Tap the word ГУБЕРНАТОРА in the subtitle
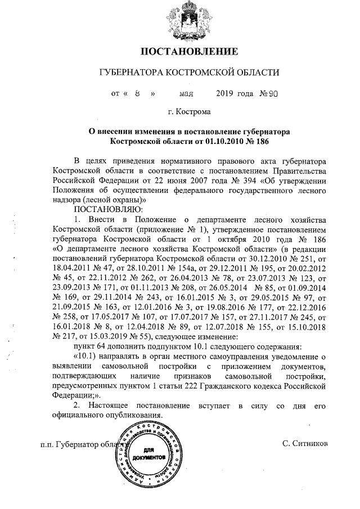[x=129, y=73]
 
